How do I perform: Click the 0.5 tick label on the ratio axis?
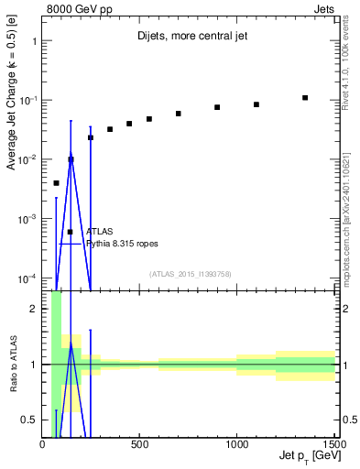[x=30, y=420]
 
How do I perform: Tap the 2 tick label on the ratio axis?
[x=34, y=309]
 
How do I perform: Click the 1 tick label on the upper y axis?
[x=34, y=41]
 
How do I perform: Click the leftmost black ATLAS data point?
[x=56, y=183]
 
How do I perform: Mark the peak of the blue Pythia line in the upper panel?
[x=71, y=158]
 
